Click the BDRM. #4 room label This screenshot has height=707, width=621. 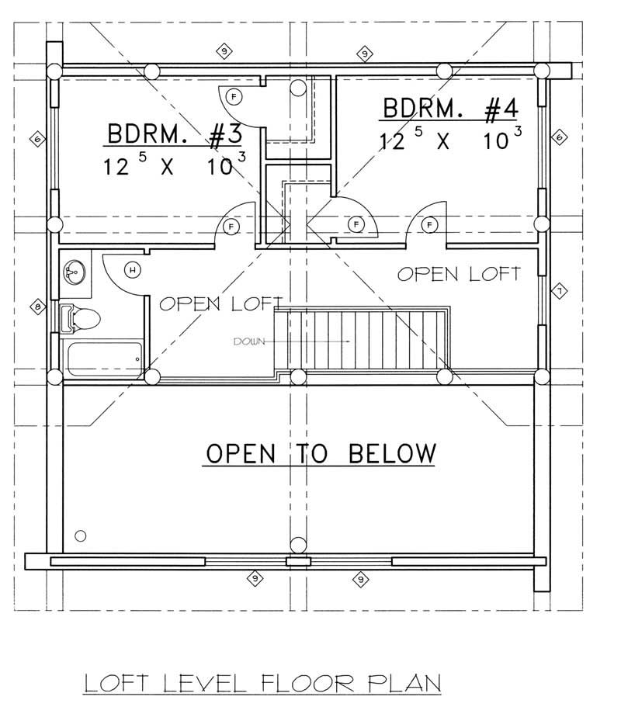449,109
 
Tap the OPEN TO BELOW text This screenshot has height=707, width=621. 319,452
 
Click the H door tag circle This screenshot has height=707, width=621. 133,269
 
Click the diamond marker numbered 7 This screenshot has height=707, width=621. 558,291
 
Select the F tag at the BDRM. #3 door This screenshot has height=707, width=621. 229,226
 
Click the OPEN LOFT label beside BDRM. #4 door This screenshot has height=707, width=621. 459,273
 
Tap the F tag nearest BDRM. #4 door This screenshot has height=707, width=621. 428,225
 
